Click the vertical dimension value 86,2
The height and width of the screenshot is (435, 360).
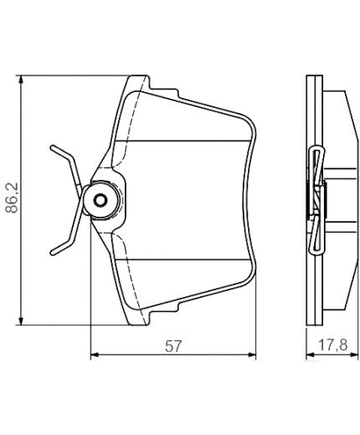tap(11, 199)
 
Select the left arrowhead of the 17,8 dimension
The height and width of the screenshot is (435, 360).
tap(308, 356)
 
